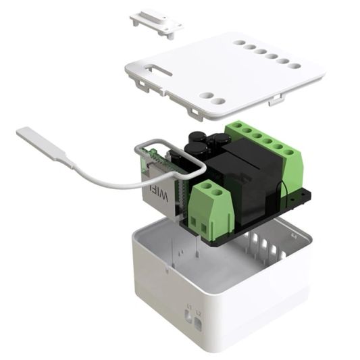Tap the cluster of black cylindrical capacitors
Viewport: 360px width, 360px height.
click(x=203, y=144)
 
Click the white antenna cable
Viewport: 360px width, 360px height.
click(x=101, y=178)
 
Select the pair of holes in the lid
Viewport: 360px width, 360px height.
click(x=213, y=99)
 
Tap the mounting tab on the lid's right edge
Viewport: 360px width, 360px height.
click(x=276, y=101)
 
